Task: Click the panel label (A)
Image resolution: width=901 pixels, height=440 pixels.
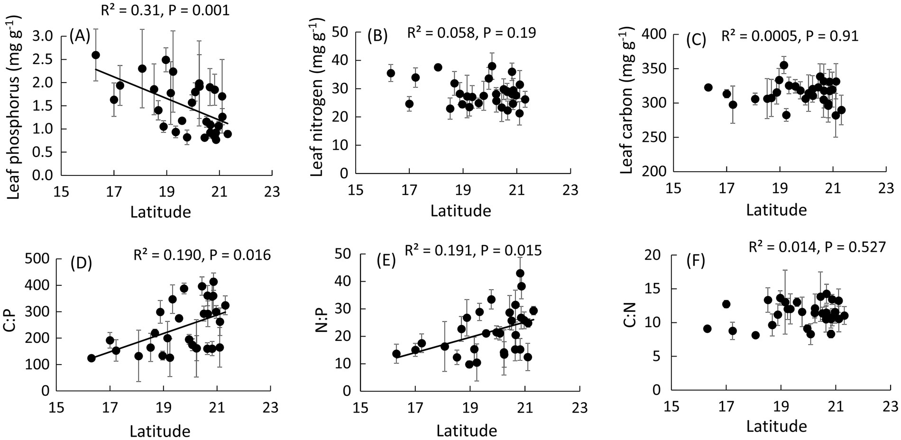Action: [x=80, y=36]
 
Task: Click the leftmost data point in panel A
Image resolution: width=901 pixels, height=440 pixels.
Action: [x=95, y=55]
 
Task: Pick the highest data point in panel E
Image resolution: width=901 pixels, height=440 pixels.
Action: [x=520, y=273]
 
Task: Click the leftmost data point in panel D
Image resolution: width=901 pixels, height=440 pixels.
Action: [x=92, y=358]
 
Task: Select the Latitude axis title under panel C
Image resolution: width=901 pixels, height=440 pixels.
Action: [x=776, y=210]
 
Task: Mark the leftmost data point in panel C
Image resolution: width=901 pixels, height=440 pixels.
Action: [x=708, y=87]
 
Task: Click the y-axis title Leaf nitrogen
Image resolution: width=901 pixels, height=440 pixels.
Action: [x=317, y=97]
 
